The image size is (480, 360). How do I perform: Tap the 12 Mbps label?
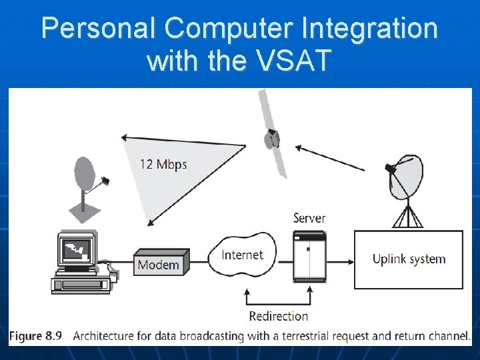(x=163, y=164)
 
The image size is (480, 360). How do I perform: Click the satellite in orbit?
(x=271, y=138)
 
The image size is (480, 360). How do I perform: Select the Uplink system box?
(x=408, y=259)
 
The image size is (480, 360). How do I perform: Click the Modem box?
(x=159, y=264)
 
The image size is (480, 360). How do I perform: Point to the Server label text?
(x=309, y=218)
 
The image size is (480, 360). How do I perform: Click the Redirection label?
(x=278, y=316)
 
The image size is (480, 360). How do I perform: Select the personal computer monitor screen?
(x=76, y=250)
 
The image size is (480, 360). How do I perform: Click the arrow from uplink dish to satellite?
(x=330, y=158)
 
